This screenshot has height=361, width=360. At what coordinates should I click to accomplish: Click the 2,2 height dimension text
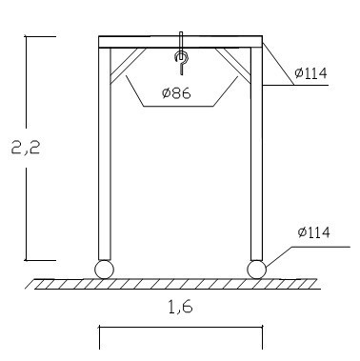point(26,147)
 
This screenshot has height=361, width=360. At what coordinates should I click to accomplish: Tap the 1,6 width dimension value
point(180,307)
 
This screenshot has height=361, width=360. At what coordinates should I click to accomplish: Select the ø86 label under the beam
point(176,93)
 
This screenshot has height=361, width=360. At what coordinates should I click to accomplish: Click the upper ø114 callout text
point(310,73)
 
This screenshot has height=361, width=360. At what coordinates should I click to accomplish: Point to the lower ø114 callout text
point(313,232)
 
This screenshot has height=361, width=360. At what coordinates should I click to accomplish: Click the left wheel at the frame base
point(104,270)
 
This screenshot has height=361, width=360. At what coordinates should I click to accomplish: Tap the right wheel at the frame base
point(256,270)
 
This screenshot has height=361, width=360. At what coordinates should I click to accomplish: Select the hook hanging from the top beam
point(182,62)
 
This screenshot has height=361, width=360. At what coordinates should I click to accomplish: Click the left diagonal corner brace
point(126,65)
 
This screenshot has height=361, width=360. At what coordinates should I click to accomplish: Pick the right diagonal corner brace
point(234,65)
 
